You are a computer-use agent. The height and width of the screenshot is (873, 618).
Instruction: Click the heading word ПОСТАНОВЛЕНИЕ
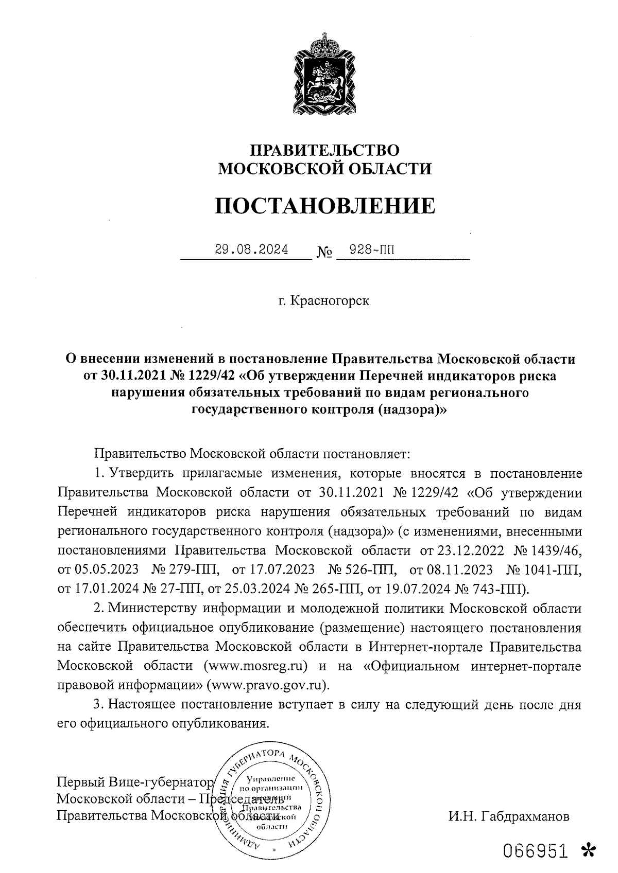324,205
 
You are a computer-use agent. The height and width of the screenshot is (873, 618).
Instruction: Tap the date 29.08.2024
251,251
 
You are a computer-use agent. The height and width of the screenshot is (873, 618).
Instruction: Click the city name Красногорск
330,300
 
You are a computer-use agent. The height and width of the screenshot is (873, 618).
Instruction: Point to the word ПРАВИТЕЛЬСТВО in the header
324,150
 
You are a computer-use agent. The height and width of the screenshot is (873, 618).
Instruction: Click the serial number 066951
536,851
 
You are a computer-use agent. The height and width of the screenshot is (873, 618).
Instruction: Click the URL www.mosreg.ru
256,666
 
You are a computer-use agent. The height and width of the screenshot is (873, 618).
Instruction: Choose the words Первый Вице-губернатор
134,782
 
